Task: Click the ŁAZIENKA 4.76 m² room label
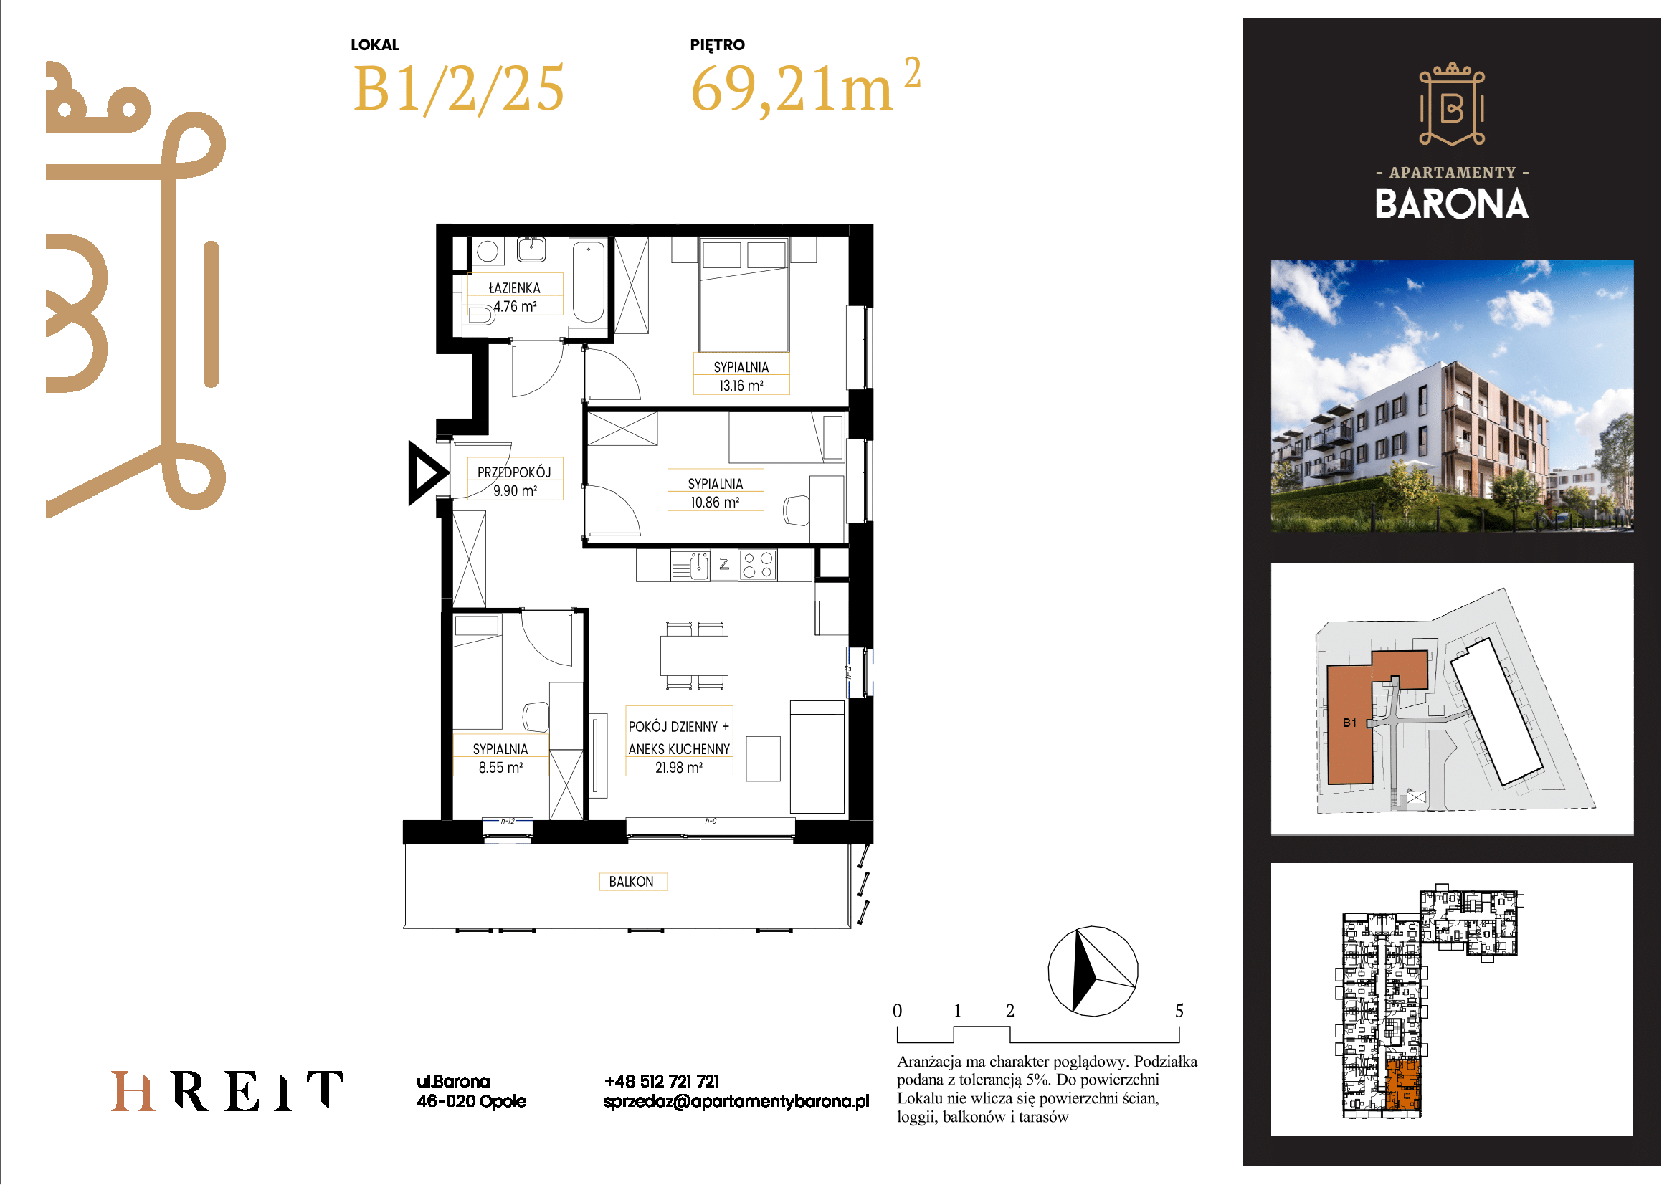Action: click(x=515, y=298)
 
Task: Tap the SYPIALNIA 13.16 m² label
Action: click(x=741, y=376)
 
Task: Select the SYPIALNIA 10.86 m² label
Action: click(x=715, y=492)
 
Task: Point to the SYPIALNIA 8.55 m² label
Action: click(x=500, y=758)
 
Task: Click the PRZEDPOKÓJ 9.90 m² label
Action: click(x=515, y=481)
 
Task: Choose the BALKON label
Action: click(x=632, y=881)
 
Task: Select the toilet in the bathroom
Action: click(x=480, y=315)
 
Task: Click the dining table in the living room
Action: click(x=694, y=656)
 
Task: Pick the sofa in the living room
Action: click(x=817, y=757)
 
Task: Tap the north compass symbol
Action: click(x=1093, y=971)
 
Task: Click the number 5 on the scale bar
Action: click(x=1179, y=1012)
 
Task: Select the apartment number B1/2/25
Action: click(x=459, y=89)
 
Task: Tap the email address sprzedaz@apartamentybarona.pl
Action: click(x=736, y=1101)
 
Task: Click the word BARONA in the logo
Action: click(x=1451, y=204)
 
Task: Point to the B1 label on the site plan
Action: click(x=1350, y=723)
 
